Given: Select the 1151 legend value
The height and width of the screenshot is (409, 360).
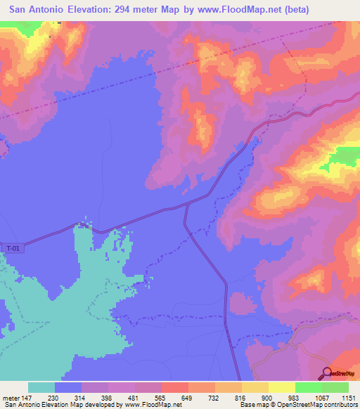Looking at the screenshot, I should point(349,397).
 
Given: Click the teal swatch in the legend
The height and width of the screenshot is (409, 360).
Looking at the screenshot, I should point(41,387).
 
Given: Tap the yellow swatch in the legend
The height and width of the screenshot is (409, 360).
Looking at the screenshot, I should point(281,387).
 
